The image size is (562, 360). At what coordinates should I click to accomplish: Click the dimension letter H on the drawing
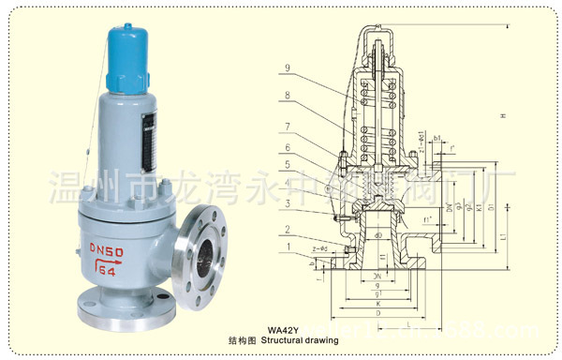[x=504, y=115]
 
